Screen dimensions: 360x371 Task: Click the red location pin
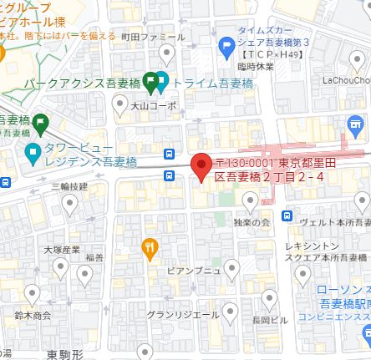(201, 165)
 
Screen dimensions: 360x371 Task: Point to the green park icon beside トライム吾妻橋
(150, 83)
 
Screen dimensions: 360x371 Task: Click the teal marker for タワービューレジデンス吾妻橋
(33, 152)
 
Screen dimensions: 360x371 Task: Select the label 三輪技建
(69, 186)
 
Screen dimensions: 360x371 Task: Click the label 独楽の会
(252, 222)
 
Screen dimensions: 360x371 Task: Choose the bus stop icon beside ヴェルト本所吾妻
(287, 216)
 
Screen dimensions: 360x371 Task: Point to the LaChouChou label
(343, 81)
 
